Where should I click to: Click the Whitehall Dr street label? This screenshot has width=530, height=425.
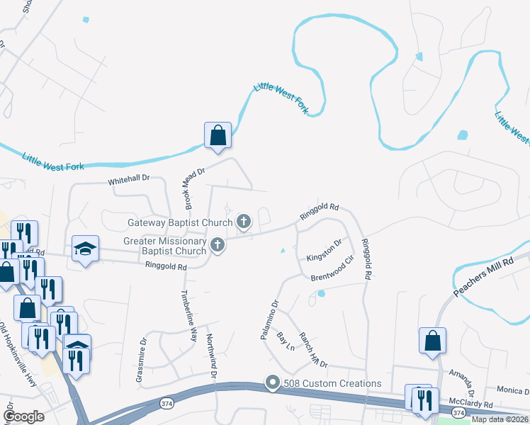tap(130, 181)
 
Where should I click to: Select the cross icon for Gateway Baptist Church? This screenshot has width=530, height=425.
tap(244, 222)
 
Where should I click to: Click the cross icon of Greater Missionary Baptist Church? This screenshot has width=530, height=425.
tap(218, 246)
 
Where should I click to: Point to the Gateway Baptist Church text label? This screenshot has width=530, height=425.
tap(180, 222)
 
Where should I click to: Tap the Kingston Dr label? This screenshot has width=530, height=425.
tap(324, 249)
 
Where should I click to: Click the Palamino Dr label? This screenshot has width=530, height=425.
tap(270, 319)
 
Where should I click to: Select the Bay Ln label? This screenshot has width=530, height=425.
tap(286, 342)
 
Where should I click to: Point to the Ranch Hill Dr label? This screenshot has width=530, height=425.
tap(312, 350)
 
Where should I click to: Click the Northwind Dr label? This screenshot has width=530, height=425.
tap(210, 356)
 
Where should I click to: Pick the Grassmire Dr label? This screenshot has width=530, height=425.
tap(143, 351)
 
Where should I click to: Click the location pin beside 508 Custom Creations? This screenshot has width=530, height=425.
tap(273, 383)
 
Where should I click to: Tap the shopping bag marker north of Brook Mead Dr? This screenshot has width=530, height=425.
tap(218, 135)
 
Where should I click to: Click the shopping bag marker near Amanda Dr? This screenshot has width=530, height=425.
tap(432, 341)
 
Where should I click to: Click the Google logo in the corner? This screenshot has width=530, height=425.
tap(24, 416)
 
